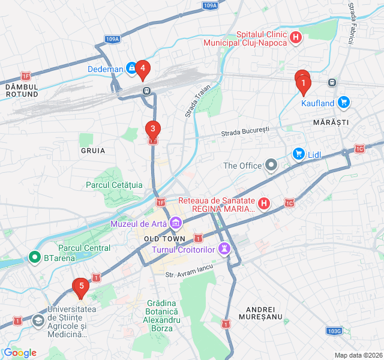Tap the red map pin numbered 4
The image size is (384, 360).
[142, 69]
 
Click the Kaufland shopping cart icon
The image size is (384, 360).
[343, 103]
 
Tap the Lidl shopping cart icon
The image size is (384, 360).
[298, 154]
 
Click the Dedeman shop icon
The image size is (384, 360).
[131, 68]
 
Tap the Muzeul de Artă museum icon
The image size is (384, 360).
[176, 224]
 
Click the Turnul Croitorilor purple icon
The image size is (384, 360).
[225, 248]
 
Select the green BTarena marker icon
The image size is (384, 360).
[35, 258]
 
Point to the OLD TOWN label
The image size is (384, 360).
[161, 239]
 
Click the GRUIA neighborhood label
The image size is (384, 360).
[93, 151]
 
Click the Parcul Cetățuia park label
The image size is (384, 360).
[114, 185]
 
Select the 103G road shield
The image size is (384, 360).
[334, 331]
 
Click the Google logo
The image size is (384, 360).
[20, 353]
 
